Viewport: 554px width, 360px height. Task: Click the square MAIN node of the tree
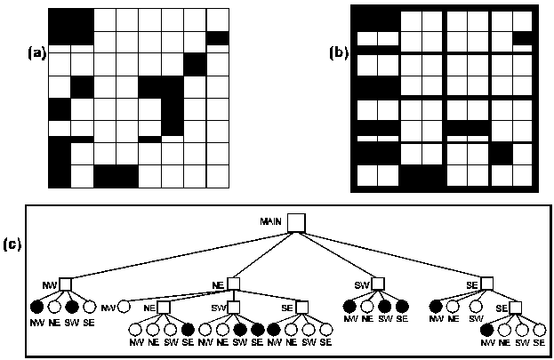tap(296, 221)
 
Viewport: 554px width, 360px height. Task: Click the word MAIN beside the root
tap(271, 220)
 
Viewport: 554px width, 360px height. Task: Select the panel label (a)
tap(36, 52)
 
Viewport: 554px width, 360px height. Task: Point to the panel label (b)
tap(339, 52)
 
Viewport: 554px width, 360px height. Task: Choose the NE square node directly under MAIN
tap(233, 284)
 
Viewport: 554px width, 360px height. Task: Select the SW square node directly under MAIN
tap(377, 284)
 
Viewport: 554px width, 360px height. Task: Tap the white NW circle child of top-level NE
tap(124, 307)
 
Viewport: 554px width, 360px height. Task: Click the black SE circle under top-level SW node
tap(402, 307)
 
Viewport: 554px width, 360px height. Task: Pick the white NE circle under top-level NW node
tap(53, 307)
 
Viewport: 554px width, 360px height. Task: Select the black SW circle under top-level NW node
tap(72, 307)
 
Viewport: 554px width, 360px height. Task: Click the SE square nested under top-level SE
tap(515, 308)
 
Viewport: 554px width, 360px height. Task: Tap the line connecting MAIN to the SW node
tap(338, 254)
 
